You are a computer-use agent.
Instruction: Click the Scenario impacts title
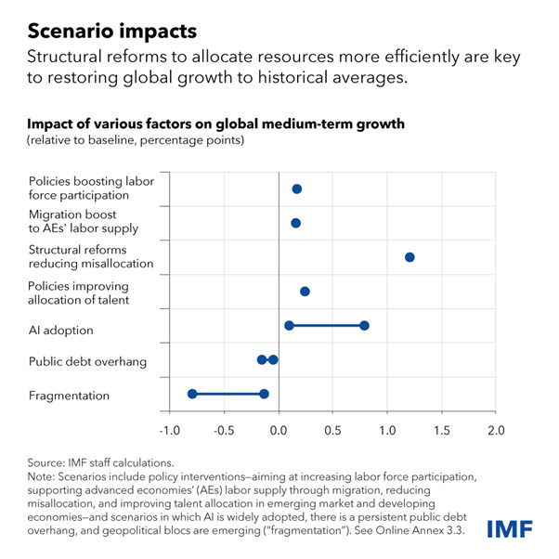pos(111,30)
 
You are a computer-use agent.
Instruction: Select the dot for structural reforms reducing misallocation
pos(409,257)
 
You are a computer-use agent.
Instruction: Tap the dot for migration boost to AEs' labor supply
pos(295,223)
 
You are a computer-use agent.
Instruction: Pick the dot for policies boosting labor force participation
pos(297,188)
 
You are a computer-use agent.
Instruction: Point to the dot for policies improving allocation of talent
pos(305,292)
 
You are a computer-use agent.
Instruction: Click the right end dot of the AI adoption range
pos(364,325)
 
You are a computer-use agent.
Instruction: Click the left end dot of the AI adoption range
pos(289,325)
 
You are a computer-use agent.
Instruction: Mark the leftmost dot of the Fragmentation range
pos(192,394)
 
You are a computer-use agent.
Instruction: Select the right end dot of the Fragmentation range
pos(265,394)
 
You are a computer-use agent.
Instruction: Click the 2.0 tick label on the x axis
pos(497,431)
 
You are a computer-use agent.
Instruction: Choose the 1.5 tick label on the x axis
pos(442,431)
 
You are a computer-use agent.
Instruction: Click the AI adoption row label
pos(60,331)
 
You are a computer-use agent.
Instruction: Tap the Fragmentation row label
pos(69,396)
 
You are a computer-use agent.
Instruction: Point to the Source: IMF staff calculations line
pos(100,461)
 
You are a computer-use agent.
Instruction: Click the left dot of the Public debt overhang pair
pos(262,359)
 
